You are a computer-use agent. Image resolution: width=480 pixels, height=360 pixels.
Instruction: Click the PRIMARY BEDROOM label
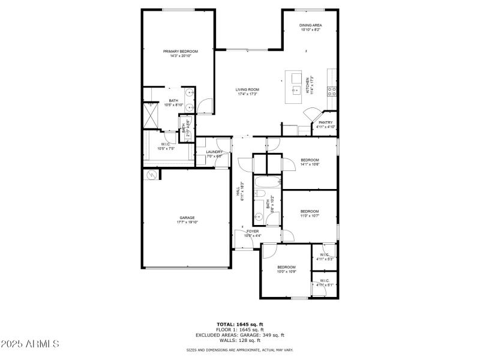181,52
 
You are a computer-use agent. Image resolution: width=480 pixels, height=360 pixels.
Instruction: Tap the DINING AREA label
310,25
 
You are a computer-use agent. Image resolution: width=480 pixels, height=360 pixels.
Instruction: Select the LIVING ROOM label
247,89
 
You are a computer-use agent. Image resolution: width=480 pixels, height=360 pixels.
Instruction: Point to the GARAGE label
187,218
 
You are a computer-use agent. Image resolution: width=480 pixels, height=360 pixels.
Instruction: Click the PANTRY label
326,122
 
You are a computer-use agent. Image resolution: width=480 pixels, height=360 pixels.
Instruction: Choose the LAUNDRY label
214,152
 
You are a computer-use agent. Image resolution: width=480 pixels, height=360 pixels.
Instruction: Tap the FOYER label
253,231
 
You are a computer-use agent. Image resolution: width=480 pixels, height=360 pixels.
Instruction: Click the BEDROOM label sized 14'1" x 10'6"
310,160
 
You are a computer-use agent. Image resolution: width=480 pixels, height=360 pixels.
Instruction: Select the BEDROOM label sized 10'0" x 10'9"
286,267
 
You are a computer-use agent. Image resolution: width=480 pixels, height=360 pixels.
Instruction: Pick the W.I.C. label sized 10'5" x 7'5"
165,145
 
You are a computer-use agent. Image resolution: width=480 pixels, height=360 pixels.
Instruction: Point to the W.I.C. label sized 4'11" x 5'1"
324,280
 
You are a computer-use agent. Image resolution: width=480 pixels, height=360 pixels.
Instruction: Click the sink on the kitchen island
296,90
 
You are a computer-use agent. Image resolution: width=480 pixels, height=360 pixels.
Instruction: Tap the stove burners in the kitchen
331,91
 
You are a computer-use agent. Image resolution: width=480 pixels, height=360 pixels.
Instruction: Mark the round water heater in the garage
152,175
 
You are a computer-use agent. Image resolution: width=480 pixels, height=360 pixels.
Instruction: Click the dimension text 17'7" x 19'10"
187,222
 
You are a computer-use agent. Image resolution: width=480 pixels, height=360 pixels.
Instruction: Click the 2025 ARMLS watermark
30,344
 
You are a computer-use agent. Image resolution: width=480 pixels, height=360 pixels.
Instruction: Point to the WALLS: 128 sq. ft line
240,341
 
